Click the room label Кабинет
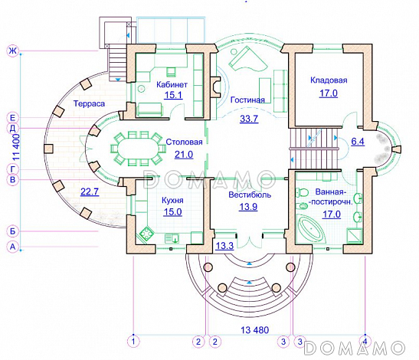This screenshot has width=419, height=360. pos(172,84)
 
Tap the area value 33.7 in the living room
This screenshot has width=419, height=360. pos(249,118)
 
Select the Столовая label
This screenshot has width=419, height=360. pos(184,142)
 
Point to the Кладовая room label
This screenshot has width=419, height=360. pos(329,80)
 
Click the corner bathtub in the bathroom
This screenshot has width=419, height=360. pos(312,229)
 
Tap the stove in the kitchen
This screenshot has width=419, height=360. pos(146,234)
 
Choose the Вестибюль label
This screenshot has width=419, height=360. pos(250,195)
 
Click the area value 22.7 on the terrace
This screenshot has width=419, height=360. pos(90,191)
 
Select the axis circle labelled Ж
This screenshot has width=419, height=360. pos(12,51)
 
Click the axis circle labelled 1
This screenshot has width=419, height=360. pos(133,342)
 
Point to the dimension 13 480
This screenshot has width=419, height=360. pos(254,330)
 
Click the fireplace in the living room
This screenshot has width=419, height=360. pos(214,87)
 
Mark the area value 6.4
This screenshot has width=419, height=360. pos(358,141)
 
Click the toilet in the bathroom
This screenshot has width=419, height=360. pos(302,192)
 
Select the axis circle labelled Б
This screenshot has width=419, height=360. pos(12,231)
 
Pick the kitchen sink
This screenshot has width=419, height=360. pos(172,238)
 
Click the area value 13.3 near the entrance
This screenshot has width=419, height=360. pos(224,246)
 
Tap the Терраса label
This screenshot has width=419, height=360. pos(90,103)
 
